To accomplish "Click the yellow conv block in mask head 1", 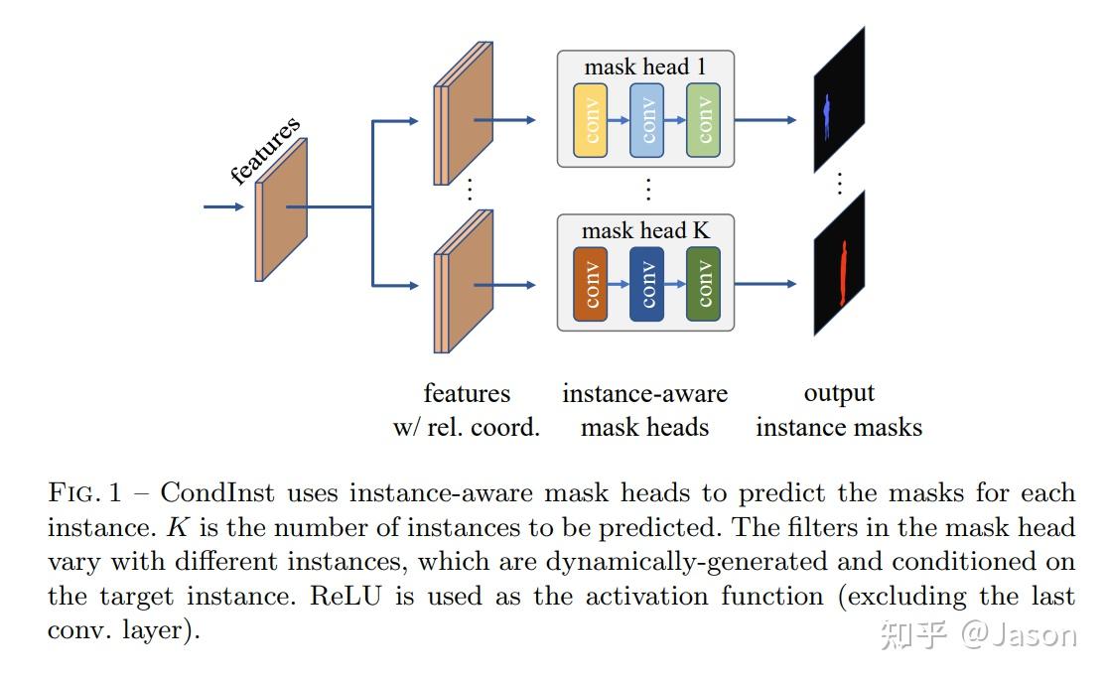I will pyautogui.click(x=591, y=120).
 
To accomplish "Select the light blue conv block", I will pyautogui.click(x=646, y=120).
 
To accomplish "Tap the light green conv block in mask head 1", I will pyautogui.click(x=703, y=120).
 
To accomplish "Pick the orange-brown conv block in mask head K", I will pyautogui.click(x=591, y=284).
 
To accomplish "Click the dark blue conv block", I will pyautogui.click(x=646, y=284).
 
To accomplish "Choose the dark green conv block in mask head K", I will pyautogui.click(x=703, y=284).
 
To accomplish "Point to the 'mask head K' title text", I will pyautogui.click(x=645, y=231).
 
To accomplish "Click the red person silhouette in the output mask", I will pyautogui.click(x=844, y=273).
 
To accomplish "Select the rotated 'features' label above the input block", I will pyautogui.click(x=265, y=151).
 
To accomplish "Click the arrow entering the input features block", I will pyautogui.click(x=223, y=206).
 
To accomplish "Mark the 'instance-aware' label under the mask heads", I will pyautogui.click(x=644, y=394).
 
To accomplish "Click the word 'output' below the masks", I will pyautogui.click(x=839, y=394).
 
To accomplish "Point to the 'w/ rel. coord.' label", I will pyautogui.click(x=466, y=428).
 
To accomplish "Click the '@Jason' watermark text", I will pyautogui.click(x=1018, y=634).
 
